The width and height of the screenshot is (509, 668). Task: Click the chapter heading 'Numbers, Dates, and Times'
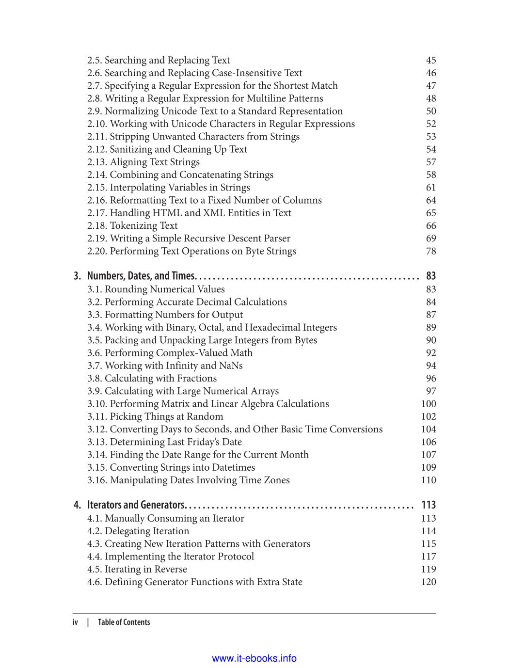141,276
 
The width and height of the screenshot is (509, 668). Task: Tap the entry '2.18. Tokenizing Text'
132,225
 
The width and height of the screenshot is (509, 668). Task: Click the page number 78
430,251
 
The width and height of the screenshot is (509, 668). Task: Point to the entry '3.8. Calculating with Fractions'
152,378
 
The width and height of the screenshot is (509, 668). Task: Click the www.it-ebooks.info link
254,658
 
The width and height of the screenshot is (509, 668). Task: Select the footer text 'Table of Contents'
124,622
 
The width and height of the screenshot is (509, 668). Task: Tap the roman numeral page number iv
75,622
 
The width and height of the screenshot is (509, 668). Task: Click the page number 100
429,404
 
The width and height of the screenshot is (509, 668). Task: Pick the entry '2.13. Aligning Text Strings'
143,162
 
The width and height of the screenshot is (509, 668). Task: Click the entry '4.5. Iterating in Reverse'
137,569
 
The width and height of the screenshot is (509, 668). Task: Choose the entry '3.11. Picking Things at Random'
155,416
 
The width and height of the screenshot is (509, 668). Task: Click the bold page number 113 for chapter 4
429,505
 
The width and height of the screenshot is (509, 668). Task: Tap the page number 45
430,60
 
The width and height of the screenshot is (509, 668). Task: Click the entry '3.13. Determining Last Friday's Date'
164,442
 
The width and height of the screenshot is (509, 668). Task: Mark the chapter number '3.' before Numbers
78,276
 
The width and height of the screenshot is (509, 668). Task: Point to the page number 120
429,582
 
